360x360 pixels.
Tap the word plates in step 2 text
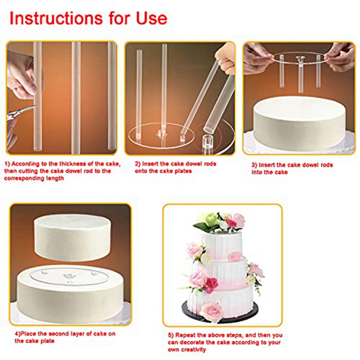183,171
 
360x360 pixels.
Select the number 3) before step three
254,165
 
